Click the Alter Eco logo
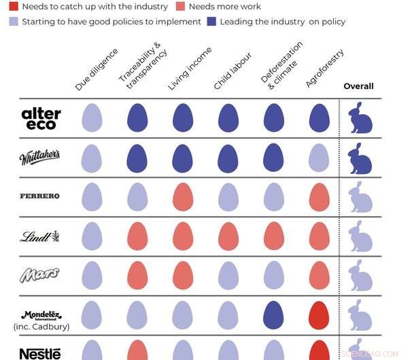click(x=41, y=118)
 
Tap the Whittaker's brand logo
click(x=39, y=157)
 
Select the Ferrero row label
click(x=39, y=196)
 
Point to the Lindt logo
click(x=39, y=236)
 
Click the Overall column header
click(x=358, y=86)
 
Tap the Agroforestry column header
click(x=324, y=69)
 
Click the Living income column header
click(x=188, y=69)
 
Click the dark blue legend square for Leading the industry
click(x=212, y=22)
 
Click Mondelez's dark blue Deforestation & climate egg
click(x=273, y=315)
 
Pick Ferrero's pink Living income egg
click(x=184, y=197)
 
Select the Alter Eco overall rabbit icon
click(x=360, y=118)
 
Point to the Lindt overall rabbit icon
click(x=360, y=236)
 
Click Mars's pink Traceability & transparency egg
click(x=138, y=276)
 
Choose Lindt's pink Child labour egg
click(x=228, y=236)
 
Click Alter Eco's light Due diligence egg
click(x=93, y=118)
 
